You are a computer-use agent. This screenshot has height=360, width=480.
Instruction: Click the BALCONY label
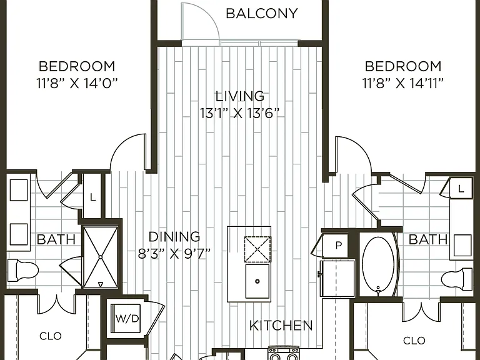[x=262, y=14]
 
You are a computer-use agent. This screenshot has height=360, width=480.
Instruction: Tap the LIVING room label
[x=240, y=96]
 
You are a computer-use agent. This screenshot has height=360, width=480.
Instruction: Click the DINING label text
[x=174, y=237]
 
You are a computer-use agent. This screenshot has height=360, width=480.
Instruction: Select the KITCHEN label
[x=281, y=326]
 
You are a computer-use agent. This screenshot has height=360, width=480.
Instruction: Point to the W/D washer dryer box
[x=126, y=318]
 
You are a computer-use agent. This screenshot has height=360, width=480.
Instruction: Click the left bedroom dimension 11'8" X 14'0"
[x=77, y=83]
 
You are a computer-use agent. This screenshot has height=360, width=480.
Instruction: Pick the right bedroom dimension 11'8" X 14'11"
[x=403, y=83]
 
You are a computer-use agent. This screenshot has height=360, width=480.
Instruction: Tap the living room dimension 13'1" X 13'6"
[x=240, y=113]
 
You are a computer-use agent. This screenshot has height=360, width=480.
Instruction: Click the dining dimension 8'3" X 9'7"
[x=174, y=254]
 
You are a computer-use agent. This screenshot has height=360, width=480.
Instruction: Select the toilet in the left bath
[x=22, y=270]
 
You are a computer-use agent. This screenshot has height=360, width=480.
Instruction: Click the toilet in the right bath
[x=457, y=279]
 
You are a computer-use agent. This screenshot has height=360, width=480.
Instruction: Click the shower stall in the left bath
[x=101, y=257]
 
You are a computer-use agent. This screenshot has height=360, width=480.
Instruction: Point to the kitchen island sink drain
[x=257, y=281]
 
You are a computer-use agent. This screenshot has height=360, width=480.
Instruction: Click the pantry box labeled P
[x=336, y=246]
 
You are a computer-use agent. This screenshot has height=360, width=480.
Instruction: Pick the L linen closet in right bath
[x=461, y=188]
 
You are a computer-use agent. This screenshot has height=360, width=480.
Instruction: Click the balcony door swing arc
[x=208, y=15]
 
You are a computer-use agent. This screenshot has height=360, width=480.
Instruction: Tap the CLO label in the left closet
[x=51, y=336]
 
